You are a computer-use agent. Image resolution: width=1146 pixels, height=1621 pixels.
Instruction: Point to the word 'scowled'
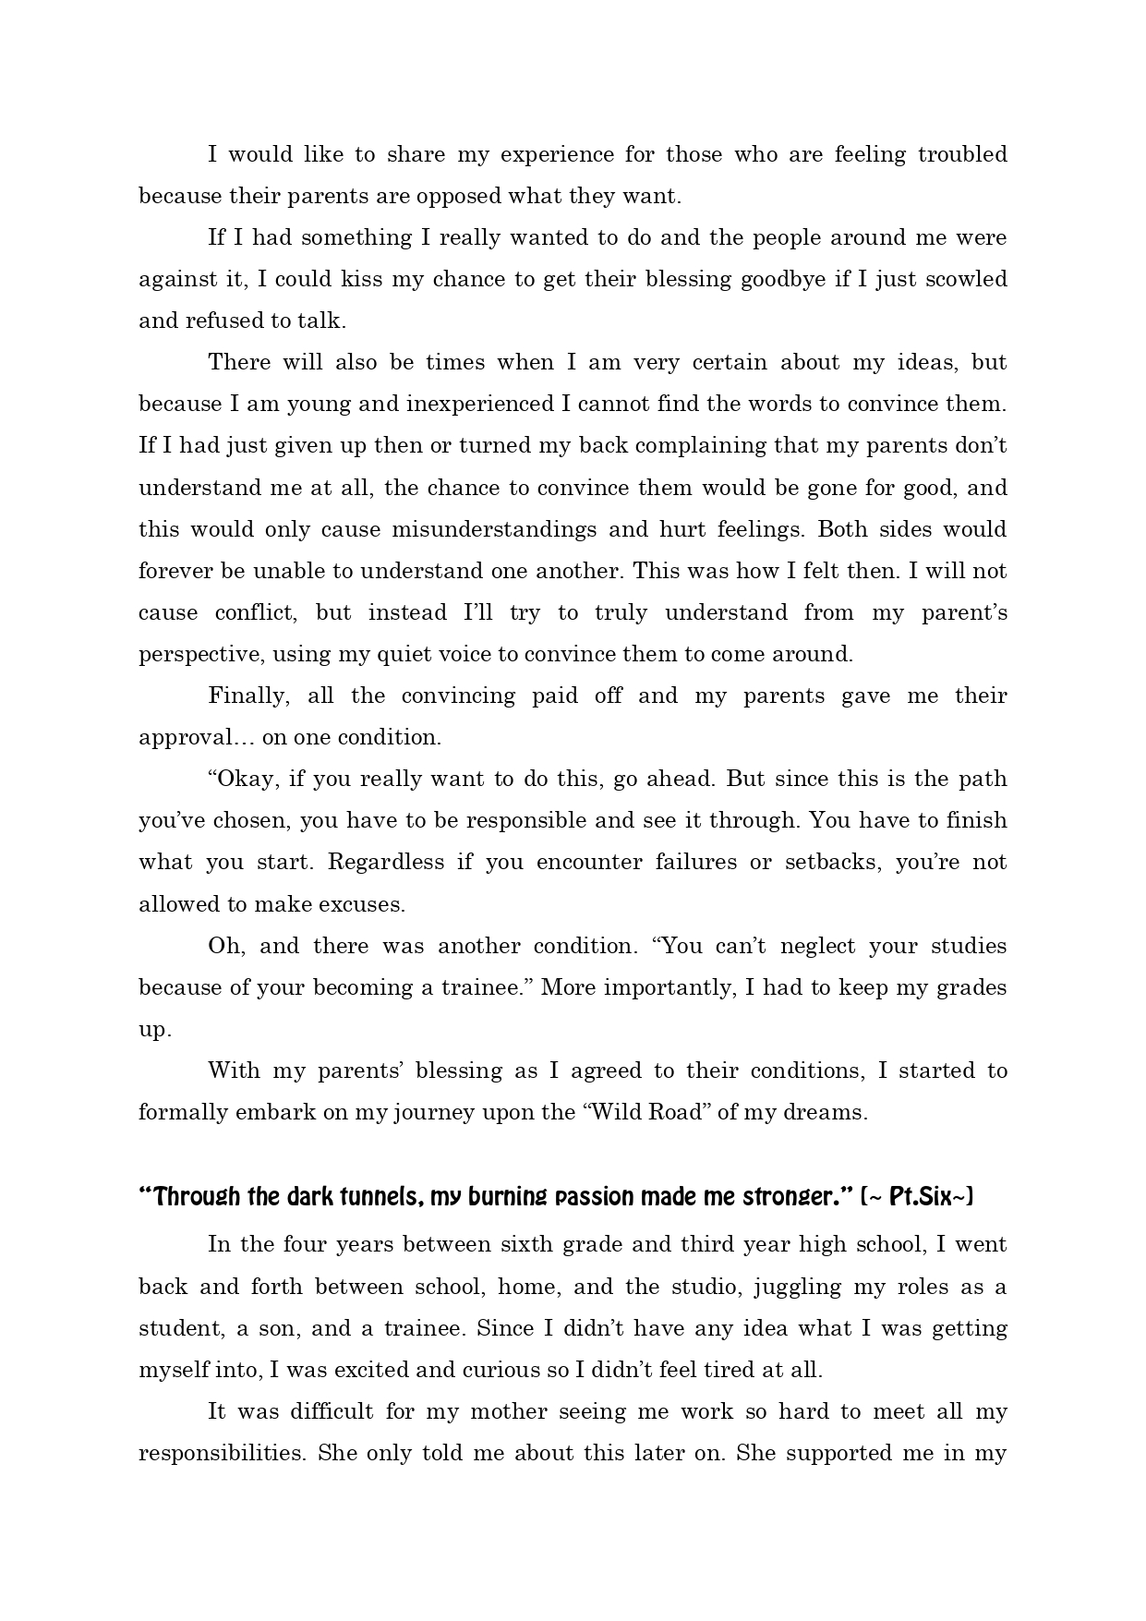point(965,279)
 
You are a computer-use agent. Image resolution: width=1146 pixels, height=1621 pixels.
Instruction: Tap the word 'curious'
point(499,1370)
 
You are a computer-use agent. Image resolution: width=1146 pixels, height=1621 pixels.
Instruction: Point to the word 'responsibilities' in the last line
point(222,1453)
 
